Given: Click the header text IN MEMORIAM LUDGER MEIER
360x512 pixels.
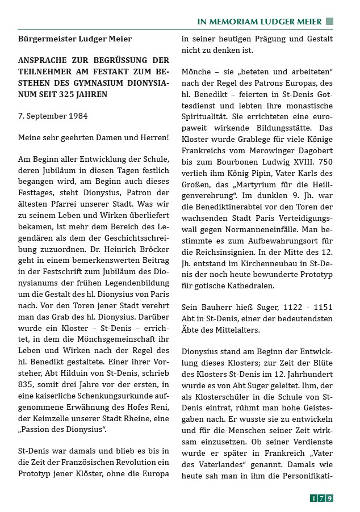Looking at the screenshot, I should (x=259, y=22).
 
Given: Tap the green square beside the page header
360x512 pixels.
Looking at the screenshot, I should (x=329, y=22).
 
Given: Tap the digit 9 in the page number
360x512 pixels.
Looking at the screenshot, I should (x=329, y=498).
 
